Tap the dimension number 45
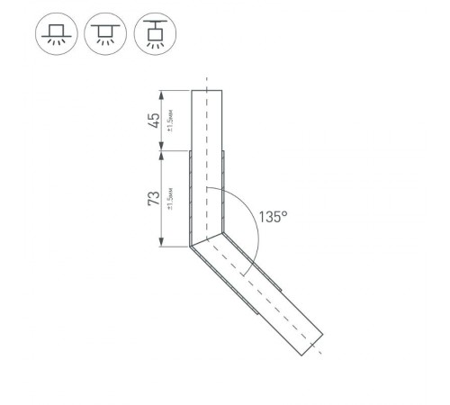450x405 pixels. point(154,120)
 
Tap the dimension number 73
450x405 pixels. point(154,198)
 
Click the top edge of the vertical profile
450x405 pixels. point(206,91)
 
